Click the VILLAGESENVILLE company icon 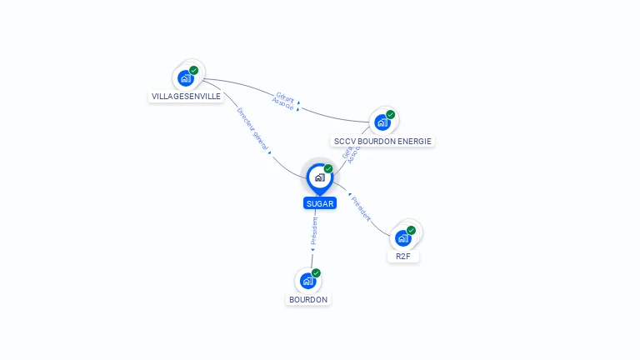[185, 78]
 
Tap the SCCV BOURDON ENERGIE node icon [382, 122]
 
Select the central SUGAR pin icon [319, 177]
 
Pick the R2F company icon [402, 237]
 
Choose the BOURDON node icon [307, 281]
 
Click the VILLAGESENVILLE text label [186, 97]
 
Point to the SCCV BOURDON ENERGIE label [382, 142]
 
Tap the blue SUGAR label [320, 203]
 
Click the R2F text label [403, 257]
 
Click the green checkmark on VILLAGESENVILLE [194, 70]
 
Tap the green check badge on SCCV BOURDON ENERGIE [391, 114]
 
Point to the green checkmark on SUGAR [328, 168]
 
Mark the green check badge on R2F [412, 229]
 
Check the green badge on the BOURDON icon [317, 272]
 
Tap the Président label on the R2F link [362, 208]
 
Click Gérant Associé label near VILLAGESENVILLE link [284, 102]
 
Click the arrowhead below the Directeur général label [270, 152]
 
